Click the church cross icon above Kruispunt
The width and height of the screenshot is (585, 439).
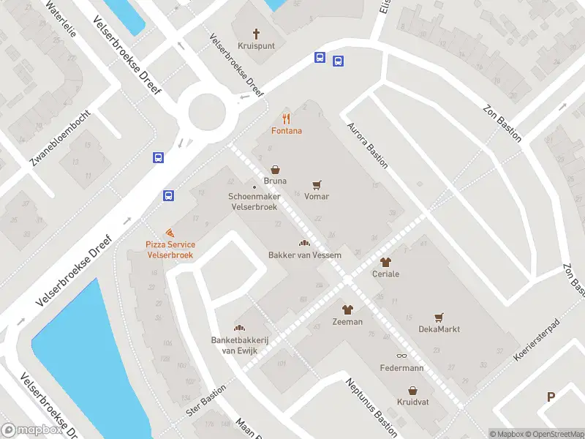coord(257,33)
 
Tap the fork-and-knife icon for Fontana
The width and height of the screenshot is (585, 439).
coord(287,119)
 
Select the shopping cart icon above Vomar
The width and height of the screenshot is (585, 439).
coord(317,185)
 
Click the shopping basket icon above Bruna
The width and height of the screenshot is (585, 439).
coord(276,169)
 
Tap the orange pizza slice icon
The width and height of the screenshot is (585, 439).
coord(170,232)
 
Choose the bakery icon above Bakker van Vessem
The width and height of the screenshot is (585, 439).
coord(304,243)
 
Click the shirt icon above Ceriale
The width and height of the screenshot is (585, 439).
coord(385,262)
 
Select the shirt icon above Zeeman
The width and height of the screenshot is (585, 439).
coord(347,310)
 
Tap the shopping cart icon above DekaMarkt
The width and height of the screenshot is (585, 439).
coord(439,318)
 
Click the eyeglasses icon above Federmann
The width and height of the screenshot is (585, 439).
coord(401,356)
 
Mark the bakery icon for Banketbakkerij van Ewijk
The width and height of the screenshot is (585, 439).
coord(238,327)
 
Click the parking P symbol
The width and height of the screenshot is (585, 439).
coord(551,397)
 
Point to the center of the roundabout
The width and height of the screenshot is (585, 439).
coord(207,113)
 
